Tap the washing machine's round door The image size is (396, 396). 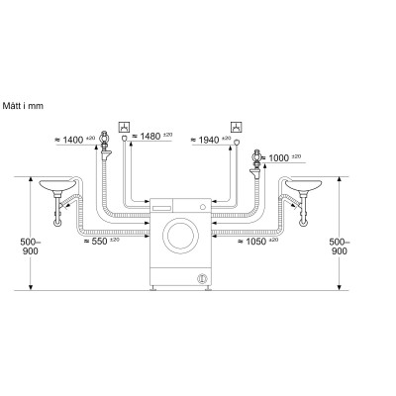click(179, 238)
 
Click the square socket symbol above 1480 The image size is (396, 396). click(124, 126)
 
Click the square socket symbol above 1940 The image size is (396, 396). click(235, 126)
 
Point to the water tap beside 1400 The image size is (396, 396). click(104, 156)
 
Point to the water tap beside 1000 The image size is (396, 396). click(257, 158)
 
